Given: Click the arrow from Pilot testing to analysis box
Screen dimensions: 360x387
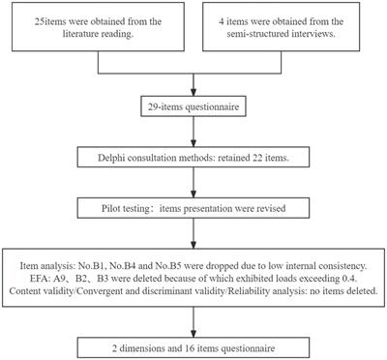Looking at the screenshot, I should point(193,232).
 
